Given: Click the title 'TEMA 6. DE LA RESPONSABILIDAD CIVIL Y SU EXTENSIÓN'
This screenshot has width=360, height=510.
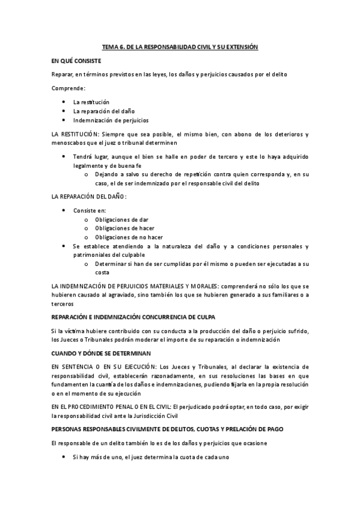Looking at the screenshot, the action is (x=180, y=47).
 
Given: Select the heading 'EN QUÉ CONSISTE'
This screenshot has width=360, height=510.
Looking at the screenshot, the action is (x=76, y=61).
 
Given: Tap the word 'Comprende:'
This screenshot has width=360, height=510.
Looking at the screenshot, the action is (x=69, y=88).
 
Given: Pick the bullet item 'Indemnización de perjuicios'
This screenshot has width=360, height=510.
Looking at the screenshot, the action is (x=111, y=120).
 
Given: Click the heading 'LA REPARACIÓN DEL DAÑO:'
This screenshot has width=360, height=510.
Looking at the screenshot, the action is (x=90, y=197).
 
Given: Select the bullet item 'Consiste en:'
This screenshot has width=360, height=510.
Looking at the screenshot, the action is (x=89, y=210).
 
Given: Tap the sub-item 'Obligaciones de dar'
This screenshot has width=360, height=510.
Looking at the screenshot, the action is (x=121, y=220).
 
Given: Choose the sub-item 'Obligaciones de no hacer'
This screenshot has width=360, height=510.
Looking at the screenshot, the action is (x=129, y=237).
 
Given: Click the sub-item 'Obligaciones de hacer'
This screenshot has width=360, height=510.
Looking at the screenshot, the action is (x=124, y=229).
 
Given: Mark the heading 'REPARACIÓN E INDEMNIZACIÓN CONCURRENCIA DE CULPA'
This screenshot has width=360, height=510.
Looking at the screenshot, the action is (x=133, y=316).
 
